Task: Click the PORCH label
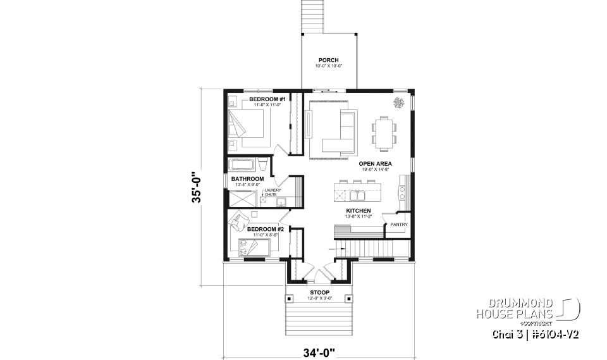point(329,59)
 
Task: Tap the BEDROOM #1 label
point(267,100)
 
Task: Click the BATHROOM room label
point(247,179)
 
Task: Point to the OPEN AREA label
point(376,163)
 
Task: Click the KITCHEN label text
point(358,210)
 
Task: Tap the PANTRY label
point(398,224)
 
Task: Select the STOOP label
point(319,292)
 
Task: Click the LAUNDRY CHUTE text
point(273,192)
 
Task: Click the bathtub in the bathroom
point(242,166)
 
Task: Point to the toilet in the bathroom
point(264,166)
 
